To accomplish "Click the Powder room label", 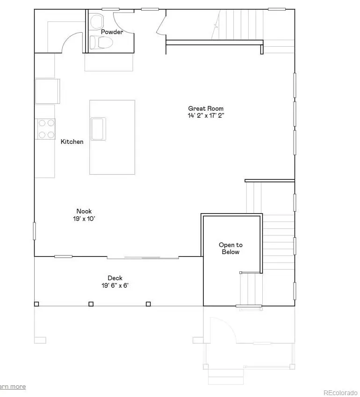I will pos(112,32).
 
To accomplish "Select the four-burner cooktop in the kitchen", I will pos(46,129).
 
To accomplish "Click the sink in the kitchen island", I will pos(99,129).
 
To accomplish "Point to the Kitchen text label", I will pos(72,142).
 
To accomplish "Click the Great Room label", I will pos(206,108).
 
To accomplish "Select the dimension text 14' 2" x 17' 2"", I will pos(206,115).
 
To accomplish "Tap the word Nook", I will pos(84,211).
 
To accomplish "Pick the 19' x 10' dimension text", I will pos(84,218).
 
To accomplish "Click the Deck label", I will pos(115,278).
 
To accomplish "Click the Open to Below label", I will pos(230,248).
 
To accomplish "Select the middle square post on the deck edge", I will pos(91,304).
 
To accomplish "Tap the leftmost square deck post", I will pos(36,304).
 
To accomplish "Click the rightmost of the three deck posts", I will pos(148,304).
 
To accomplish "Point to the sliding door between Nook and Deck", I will pos(143,257).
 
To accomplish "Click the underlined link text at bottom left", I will pos(13,386).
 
